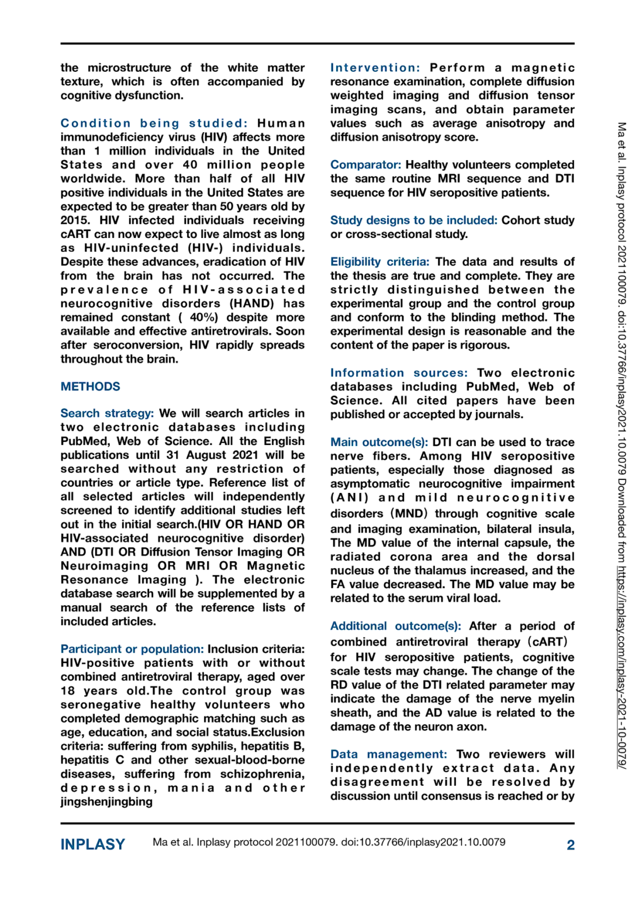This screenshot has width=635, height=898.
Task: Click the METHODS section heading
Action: pyautogui.click(x=90, y=386)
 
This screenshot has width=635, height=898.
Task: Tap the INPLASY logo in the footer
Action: pyautogui.click(x=92, y=844)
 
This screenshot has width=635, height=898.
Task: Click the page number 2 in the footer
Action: pyautogui.click(x=570, y=845)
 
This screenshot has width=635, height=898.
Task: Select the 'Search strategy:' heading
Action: pyautogui.click(x=107, y=413)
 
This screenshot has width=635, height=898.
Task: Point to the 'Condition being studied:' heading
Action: pyautogui.click(x=154, y=123)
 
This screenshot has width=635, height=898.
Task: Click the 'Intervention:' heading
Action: pyautogui.click(x=375, y=68)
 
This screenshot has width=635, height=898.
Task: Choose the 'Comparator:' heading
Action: pyautogui.click(x=365, y=165)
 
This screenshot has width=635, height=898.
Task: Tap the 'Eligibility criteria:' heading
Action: pyautogui.click(x=379, y=262)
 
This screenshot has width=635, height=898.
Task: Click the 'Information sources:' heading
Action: pyautogui.click(x=399, y=373)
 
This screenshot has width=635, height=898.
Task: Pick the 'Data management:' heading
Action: pyautogui.click(x=388, y=755)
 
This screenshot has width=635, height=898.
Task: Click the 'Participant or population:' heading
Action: pyautogui.click(x=132, y=649)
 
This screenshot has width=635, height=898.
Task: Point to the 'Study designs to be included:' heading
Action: pyautogui.click(x=413, y=220)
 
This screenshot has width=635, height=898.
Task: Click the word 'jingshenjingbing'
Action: pyautogui.click(x=106, y=802)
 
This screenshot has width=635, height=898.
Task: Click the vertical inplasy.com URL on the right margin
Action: pyautogui.click(x=622, y=666)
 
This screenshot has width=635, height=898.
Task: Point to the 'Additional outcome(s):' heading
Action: pyautogui.click(x=395, y=626)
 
